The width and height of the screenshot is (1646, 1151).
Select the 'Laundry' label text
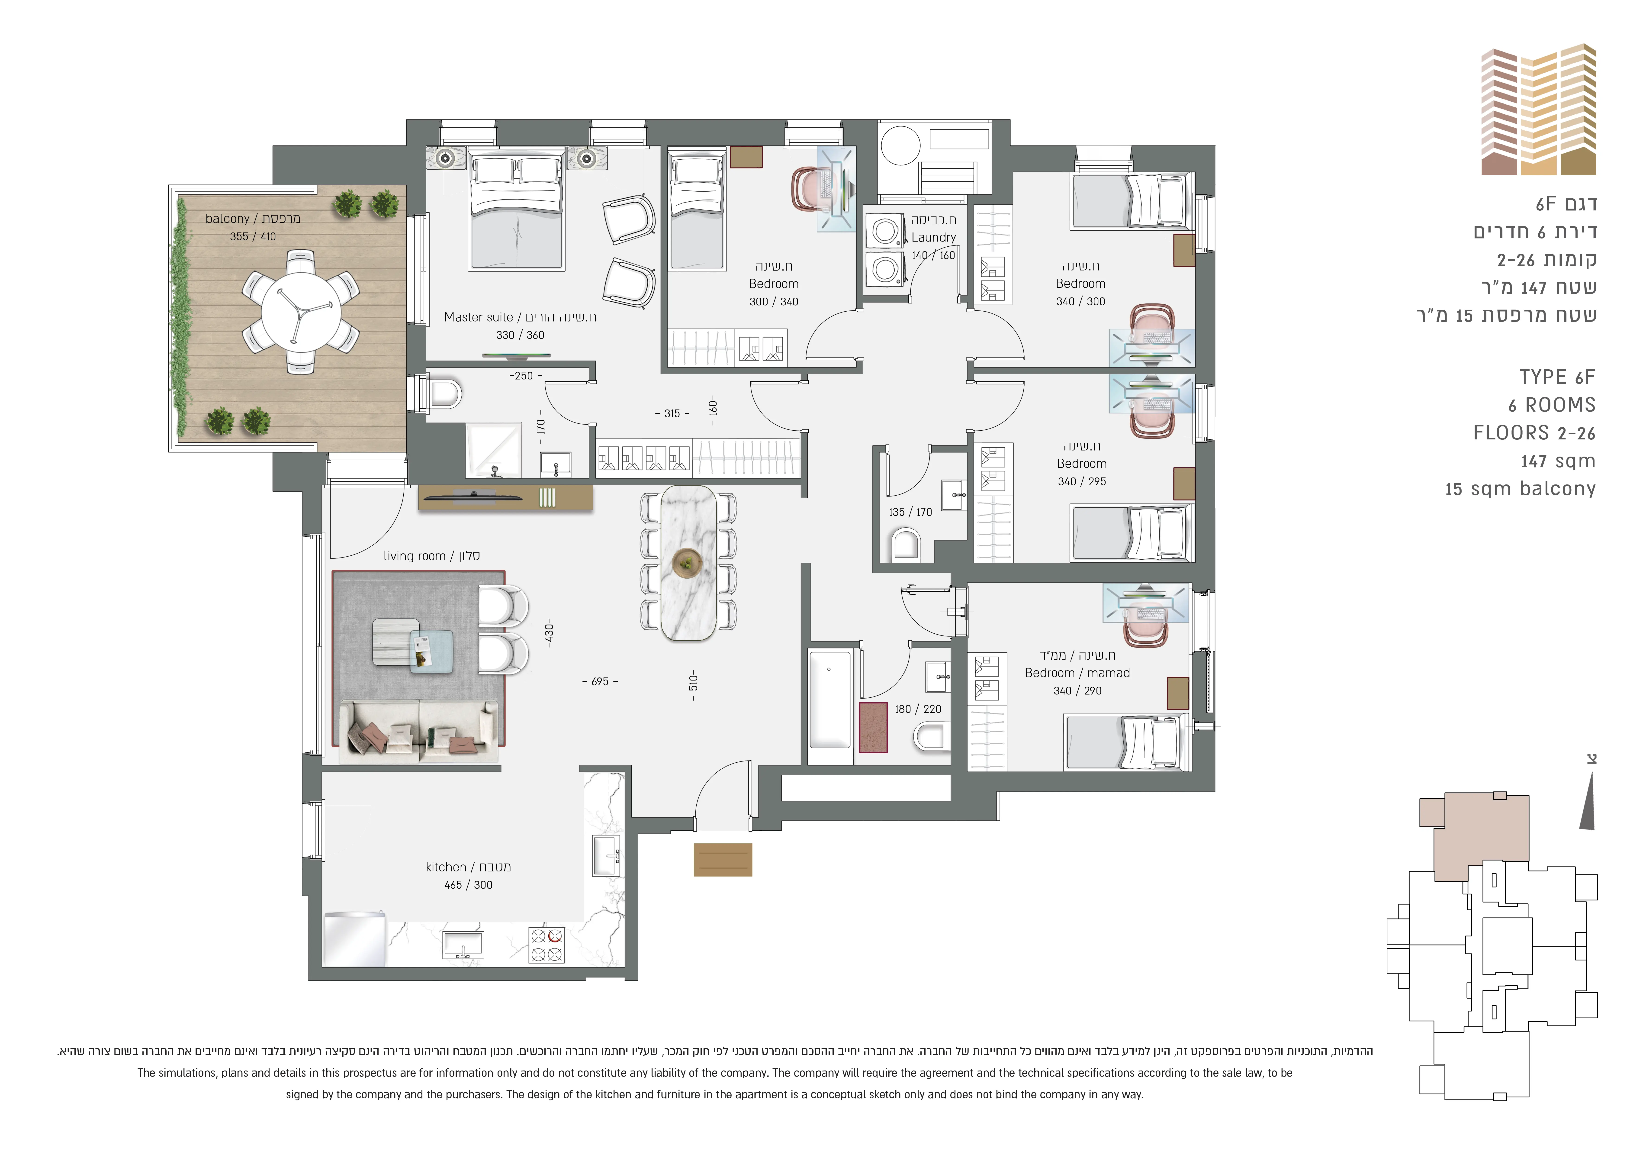click(x=933, y=237)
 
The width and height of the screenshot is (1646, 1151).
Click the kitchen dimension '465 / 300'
click(x=468, y=885)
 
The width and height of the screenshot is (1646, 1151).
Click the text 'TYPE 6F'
click(x=1557, y=377)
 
